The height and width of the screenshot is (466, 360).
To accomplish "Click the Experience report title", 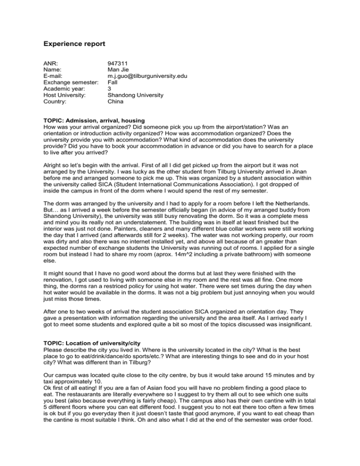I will tap(75, 44).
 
